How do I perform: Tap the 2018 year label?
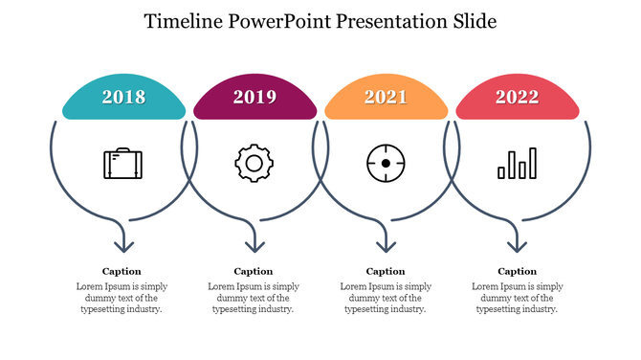pyautogui.click(x=123, y=97)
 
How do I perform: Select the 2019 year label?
pyautogui.click(x=254, y=97)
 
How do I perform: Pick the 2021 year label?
pyautogui.click(x=386, y=97)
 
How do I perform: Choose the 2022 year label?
pyautogui.click(x=517, y=97)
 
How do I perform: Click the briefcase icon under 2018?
pyautogui.click(x=123, y=164)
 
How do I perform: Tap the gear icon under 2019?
pyautogui.click(x=254, y=164)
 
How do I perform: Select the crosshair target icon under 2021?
pyautogui.click(x=386, y=164)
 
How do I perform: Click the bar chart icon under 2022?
pyautogui.click(x=517, y=164)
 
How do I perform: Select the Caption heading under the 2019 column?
pyautogui.click(x=254, y=271)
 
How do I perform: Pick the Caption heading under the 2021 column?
pyautogui.click(x=386, y=271)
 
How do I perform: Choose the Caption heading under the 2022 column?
pyautogui.click(x=517, y=271)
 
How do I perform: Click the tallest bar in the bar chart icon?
pyautogui.click(x=532, y=163)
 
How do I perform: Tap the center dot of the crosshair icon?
pyautogui.click(x=386, y=164)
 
